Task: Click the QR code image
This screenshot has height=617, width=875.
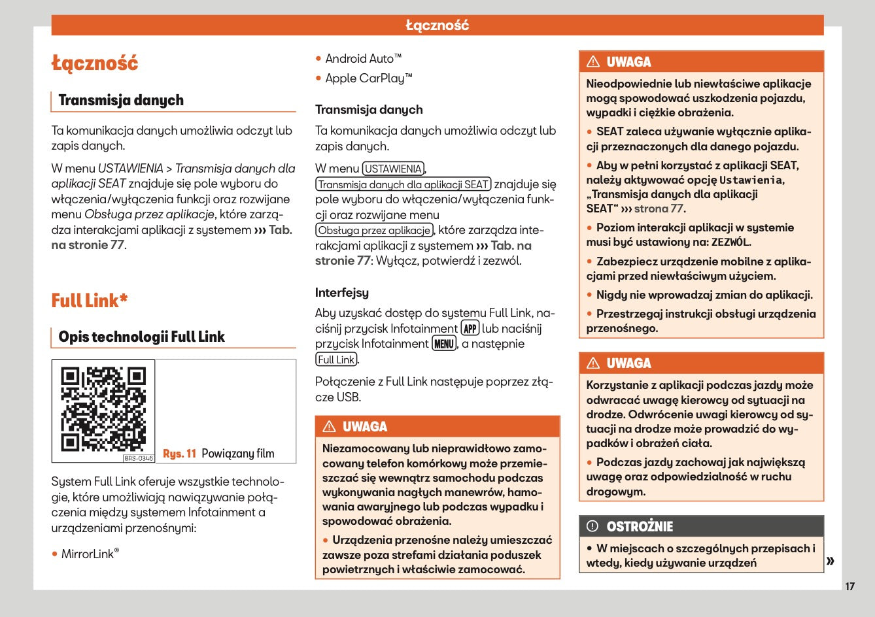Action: (x=103, y=409)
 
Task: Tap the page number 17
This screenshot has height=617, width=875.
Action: (x=849, y=586)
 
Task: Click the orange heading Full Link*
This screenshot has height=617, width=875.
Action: (x=90, y=301)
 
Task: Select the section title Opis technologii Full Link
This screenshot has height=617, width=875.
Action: (x=141, y=337)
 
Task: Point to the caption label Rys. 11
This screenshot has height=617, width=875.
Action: (x=179, y=454)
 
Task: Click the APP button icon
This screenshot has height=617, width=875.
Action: (x=470, y=328)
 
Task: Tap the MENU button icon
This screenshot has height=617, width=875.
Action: (x=444, y=344)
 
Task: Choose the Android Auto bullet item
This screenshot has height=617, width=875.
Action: (x=364, y=59)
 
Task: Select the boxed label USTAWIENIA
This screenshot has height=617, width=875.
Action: (x=393, y=169)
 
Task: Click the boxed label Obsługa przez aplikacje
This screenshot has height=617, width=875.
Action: (x=375, y=230)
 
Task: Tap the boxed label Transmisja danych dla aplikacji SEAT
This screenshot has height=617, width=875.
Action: (x=403, y=184)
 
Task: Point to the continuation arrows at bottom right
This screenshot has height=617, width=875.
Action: (x=831, y=561)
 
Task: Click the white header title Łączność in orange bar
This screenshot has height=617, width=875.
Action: (x=437, y=25)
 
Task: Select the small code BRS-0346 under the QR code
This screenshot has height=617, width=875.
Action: (x=139, y=458)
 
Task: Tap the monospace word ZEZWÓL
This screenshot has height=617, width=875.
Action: (x=730, y=242)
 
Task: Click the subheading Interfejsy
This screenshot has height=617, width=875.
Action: (x=342, y=293)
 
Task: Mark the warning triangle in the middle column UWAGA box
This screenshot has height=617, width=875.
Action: (x=330, y=427)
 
